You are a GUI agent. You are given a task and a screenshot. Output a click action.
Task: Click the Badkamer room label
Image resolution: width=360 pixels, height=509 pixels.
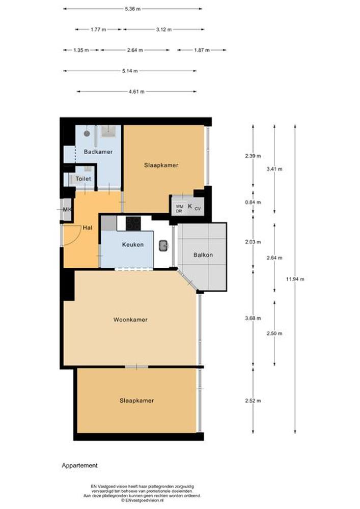point(98,152)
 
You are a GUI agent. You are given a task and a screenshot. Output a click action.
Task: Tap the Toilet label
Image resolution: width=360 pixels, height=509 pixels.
point(83,179)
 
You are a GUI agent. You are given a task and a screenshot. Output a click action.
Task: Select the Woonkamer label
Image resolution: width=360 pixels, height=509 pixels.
point(130,320)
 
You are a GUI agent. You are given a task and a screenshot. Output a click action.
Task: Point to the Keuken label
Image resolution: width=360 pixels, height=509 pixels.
point(133,244)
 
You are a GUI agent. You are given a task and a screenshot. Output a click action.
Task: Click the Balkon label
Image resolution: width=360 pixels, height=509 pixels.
point(203,255)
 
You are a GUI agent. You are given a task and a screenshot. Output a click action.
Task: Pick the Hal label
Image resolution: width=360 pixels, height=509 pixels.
point(87,228)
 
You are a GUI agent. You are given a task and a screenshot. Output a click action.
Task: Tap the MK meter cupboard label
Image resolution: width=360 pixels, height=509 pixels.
point(67,209)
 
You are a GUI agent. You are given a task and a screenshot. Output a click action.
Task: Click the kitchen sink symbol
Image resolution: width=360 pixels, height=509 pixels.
point(163,246)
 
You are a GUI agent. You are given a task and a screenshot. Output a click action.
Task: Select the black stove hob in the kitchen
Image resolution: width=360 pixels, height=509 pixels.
point(133,223)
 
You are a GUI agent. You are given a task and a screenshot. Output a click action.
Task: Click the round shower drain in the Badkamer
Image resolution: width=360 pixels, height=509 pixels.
point(87,133)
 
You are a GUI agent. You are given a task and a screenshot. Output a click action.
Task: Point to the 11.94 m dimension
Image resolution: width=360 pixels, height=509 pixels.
point(295,279)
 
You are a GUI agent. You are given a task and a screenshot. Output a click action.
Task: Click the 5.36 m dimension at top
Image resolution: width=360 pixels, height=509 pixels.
point(132,9)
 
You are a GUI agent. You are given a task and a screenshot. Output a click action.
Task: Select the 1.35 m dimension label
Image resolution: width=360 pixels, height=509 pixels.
point(81,50)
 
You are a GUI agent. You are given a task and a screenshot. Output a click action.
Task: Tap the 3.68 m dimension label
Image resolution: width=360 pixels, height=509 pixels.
point(253,318)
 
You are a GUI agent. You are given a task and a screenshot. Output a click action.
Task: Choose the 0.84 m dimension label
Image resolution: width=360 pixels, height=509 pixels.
point(253,202)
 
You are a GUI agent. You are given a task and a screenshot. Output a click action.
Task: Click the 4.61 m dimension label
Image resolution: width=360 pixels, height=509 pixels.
point(136,92)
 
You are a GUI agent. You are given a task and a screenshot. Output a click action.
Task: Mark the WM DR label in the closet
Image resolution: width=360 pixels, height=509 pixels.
point(179,209)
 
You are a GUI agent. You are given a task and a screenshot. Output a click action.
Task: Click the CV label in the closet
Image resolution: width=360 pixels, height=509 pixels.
point(198,209)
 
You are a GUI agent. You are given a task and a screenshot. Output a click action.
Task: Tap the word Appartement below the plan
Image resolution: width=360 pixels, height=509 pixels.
point(79,465)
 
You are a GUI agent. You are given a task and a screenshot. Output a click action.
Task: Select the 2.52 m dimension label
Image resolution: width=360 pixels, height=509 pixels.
point(253,401)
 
